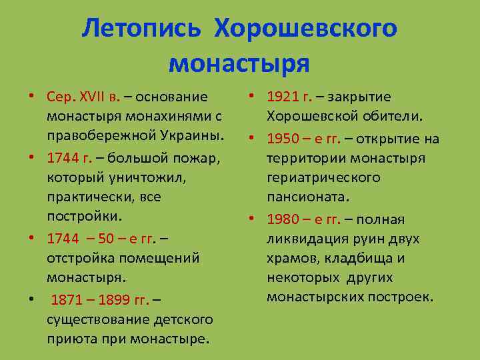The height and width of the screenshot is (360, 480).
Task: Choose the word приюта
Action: point(69,338)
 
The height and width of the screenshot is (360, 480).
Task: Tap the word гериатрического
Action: point(323,178)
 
